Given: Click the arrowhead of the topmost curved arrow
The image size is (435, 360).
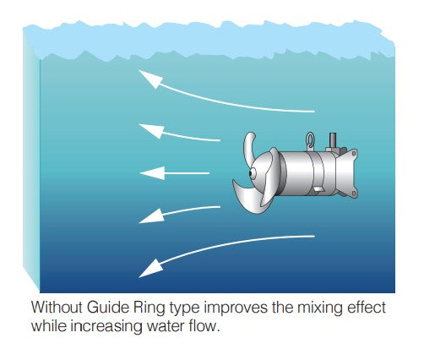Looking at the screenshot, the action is [x=151, y=79].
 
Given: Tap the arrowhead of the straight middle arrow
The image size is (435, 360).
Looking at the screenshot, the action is [x=152, y=173].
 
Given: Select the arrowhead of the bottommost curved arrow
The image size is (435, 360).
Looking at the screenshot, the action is [x=150, y=269].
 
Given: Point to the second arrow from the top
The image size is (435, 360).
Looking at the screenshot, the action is [x=179, y=133].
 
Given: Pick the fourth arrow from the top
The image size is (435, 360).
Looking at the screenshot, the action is [x=179, y=215].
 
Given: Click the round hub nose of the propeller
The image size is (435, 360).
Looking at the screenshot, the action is [x=253, y=173].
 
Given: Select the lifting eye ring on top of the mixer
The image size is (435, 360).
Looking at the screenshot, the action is [x=310, y=140].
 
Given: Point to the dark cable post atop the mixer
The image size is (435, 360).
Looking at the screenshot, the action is [x=333, y=140].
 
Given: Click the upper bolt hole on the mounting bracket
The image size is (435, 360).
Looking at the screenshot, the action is [x=353, y=153].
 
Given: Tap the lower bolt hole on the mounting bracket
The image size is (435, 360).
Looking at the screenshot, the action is [x=353, y=194].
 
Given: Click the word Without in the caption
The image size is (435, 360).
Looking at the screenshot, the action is [x=57, y=307].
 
